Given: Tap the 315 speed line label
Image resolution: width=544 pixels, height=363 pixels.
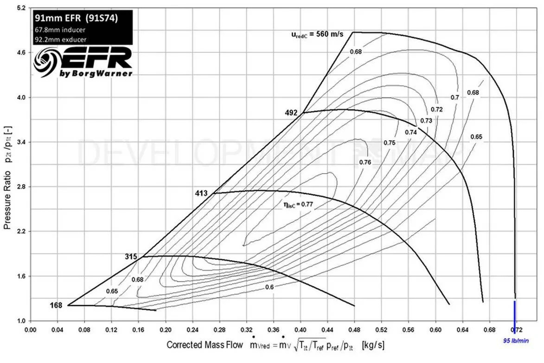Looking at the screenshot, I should [132, 256].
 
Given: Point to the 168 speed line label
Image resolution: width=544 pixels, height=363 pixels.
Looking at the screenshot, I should [57, 305].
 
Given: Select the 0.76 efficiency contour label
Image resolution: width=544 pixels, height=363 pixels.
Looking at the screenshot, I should [365, 162].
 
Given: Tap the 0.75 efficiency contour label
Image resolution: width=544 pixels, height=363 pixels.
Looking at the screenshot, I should [390, 143].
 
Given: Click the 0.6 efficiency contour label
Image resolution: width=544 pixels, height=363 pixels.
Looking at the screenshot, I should [269, 287].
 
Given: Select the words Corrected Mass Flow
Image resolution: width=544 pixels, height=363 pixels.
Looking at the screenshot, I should [205, 345].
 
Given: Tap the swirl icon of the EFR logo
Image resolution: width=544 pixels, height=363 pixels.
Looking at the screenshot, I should [45, 64].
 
